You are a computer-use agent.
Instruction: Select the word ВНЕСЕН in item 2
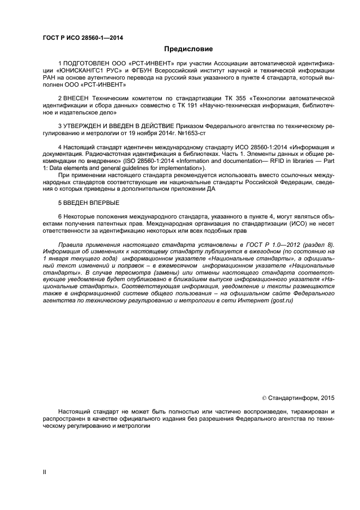point(79,99)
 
